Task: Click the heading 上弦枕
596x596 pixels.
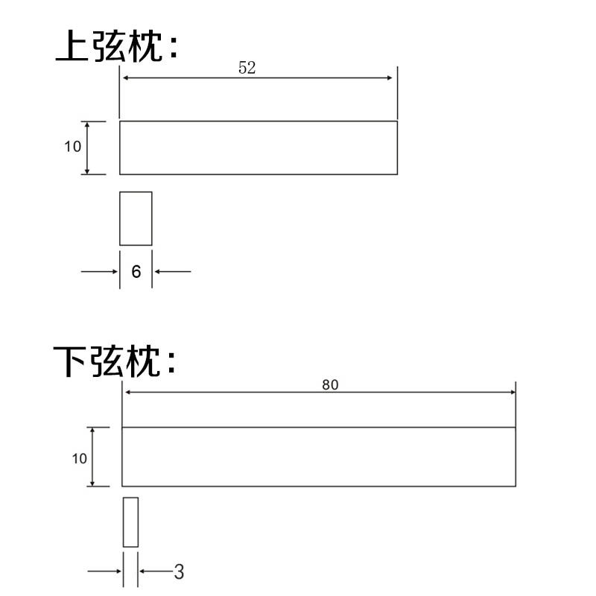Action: [117, 46]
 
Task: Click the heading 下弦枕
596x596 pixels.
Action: [117, 361]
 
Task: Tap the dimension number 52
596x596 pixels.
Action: [247, 67]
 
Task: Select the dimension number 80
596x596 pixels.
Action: [330, 384]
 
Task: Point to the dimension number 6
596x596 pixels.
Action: [136, 272]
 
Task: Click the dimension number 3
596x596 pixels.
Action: [179, 572]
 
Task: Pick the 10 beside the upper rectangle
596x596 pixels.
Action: [72, 147]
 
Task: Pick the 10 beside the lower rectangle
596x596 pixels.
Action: [80, 459]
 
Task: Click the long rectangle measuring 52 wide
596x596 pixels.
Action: [258, 148]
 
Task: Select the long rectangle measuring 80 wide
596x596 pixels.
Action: [318, 457]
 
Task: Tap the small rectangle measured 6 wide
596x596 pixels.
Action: [136, 218]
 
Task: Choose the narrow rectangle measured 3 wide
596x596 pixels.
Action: [130, 521]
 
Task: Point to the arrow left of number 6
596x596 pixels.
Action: [100, 271]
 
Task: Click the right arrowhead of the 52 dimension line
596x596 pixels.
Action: [389, 78]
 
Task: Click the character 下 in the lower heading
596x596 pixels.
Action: [72, 361]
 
